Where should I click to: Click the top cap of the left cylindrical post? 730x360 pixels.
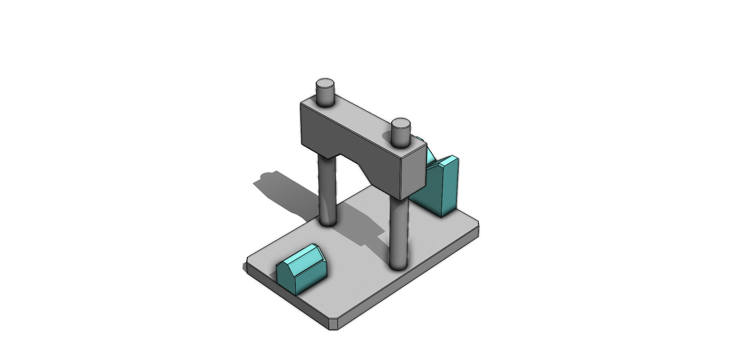tap(325, 83)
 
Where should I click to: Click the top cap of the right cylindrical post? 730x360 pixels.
tap(400, 124)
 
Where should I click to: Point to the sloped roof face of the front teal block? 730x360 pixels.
tap(304, 257)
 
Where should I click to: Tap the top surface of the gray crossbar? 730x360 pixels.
tap(361, 118)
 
